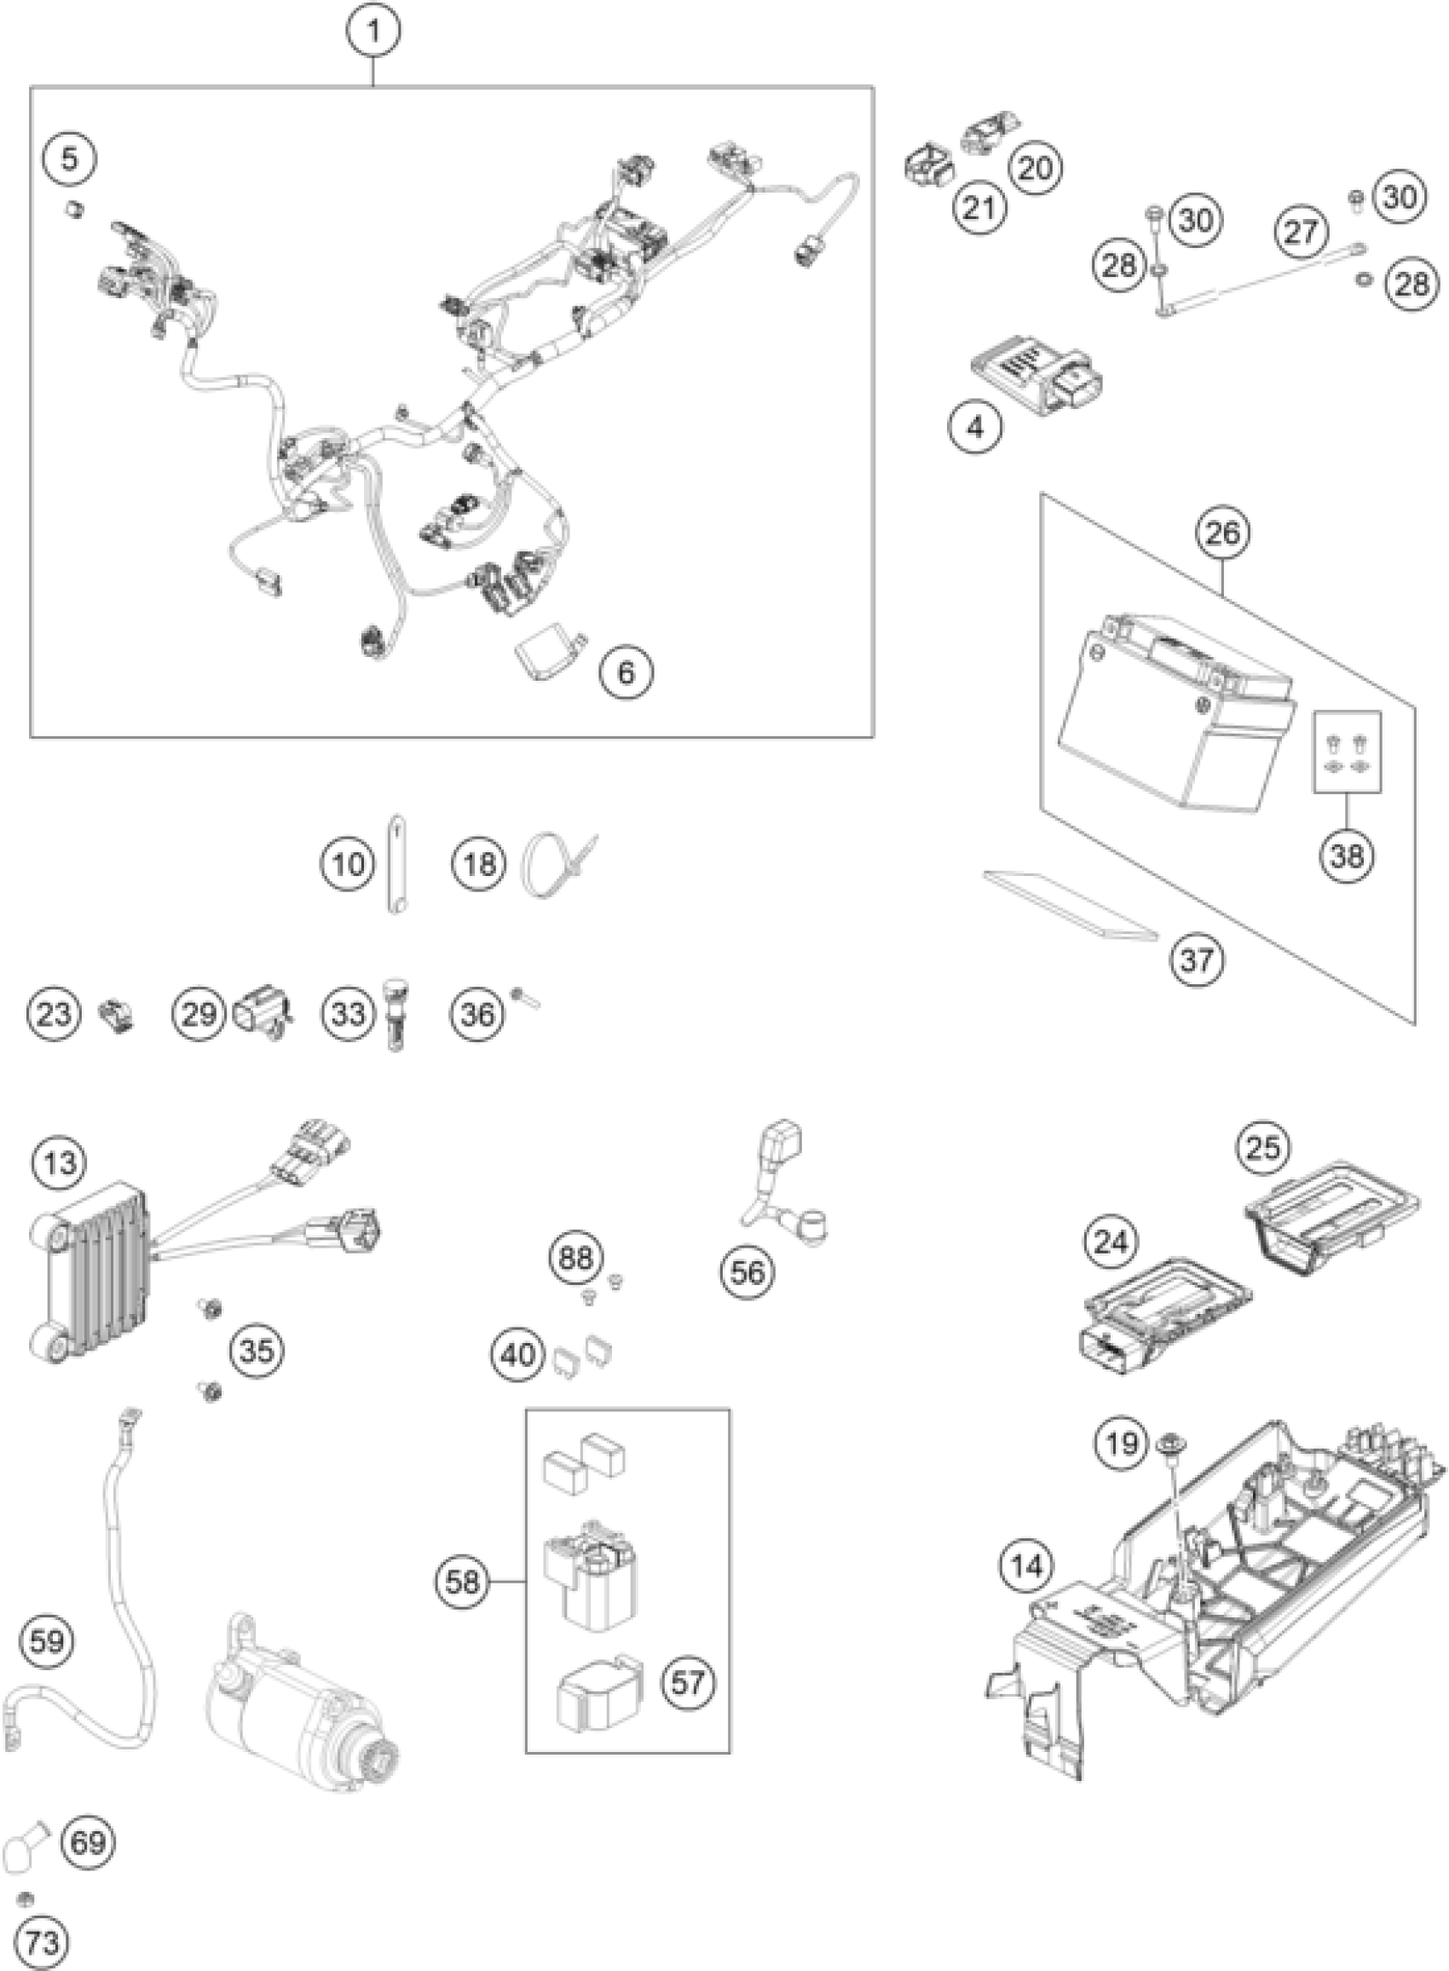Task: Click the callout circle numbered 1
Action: click(x=374, y=32)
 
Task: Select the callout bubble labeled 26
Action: click(x=1224, y=532)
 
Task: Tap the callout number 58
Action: click(x=462, y=1581)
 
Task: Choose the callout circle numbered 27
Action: click(x=1301, y=231)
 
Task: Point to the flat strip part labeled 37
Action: click(x=1070, y=903)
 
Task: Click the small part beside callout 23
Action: click(x=117, y=1015)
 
